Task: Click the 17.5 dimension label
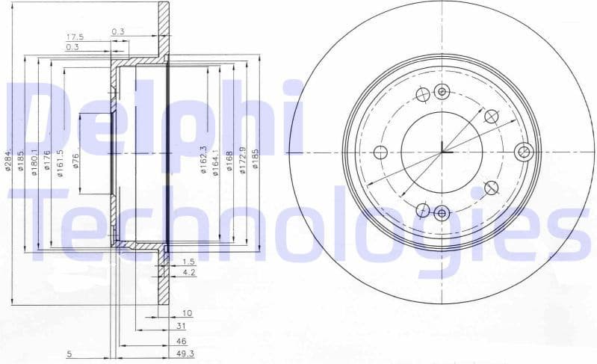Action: click(x=74, y=36)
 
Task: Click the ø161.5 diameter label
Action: click(x=59, y=160)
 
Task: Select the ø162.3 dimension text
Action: click(x=203, y=160)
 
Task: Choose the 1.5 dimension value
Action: click(x=188, y=262)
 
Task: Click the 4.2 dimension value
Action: click(x=188, y=274)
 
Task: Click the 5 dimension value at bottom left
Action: click(x=68, y=353)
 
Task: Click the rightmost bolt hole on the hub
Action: click(x=524, y=152)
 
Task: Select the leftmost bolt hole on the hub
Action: click(x=380, y=152)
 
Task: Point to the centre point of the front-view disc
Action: click(x=442, y=152)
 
